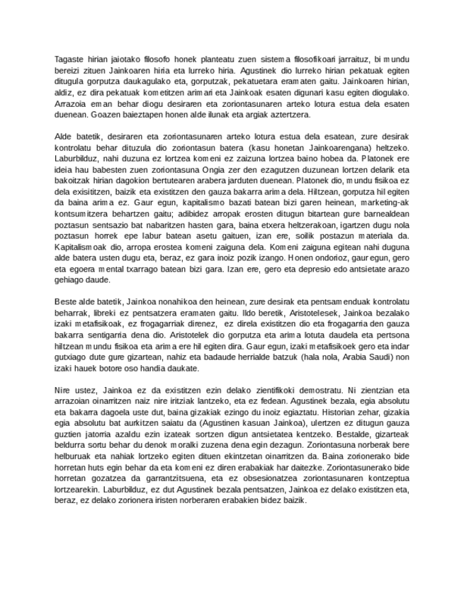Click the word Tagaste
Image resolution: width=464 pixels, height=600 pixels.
[69, 59]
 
